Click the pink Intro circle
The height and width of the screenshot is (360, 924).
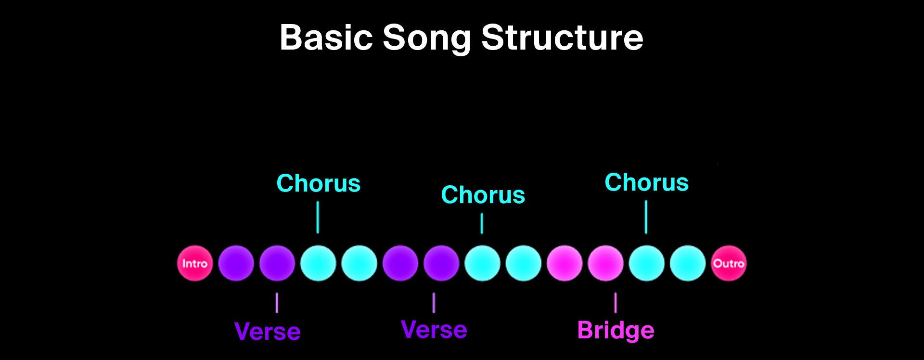point(195,263)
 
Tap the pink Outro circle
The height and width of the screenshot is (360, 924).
point(729,263)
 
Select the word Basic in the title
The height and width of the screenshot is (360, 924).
point(326,38)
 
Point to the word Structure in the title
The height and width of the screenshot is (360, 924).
point(562,38)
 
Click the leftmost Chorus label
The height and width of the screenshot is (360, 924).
point(319,183)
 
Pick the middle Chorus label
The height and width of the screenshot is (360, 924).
point(483,195)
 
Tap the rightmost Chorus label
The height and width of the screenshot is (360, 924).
point(646,182)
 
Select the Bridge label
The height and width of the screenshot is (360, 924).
point(616,331)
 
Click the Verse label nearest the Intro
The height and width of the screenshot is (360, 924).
point(268,332)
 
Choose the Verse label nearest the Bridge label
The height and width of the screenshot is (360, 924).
point(434,330)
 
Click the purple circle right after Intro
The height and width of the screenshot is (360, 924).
point(236,263)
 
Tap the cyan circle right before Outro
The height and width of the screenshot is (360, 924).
point(688,263)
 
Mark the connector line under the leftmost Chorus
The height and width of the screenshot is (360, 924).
point(318,217)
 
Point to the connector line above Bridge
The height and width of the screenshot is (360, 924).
point(616,302)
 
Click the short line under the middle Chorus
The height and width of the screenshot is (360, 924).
point(482,224)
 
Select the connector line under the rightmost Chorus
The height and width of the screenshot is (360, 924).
point(646,217)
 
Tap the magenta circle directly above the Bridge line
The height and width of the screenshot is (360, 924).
point(605,263)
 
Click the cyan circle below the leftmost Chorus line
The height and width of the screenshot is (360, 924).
point(318,263)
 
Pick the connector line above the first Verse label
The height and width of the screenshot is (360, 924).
point(277,303)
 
